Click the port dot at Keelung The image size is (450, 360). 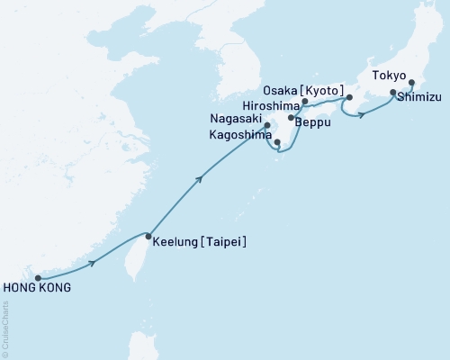point(148,237)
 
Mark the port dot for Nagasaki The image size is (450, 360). point(266,125)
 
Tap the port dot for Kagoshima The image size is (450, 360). point(278,142)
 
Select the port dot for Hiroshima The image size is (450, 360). point(305,102)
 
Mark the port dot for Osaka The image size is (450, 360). point(350,97)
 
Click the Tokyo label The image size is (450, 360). point(389,76)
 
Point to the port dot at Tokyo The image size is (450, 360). point(412,84)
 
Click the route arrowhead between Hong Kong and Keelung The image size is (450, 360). point(93,263)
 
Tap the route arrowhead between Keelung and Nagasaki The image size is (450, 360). point(199,179)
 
